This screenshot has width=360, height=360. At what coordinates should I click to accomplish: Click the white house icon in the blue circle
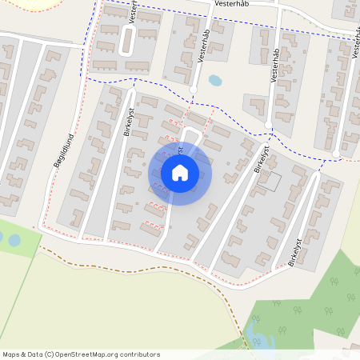(x=179, y=172)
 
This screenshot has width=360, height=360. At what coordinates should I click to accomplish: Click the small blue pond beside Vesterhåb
(x=214, y=81)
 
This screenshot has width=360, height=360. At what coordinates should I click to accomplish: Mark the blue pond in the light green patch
(x=14, y=239)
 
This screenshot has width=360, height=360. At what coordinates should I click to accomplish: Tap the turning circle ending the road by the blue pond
(x=193, y=89)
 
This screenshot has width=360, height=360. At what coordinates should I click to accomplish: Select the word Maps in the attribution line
(x=11, y=354)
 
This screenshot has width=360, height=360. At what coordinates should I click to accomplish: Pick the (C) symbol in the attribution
(x=49, y=354)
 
